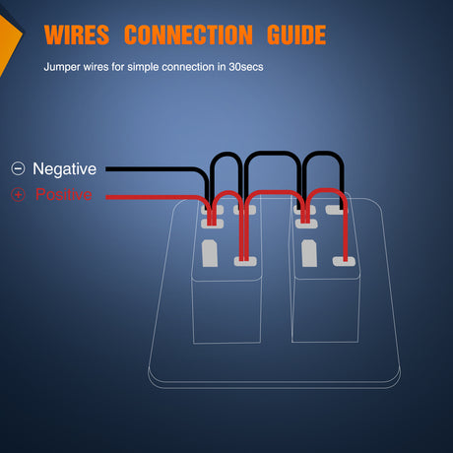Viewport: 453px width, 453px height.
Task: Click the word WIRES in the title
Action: [77, 34]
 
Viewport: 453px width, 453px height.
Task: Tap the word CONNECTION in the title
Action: [188, 34]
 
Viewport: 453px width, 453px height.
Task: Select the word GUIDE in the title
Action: [296, 34]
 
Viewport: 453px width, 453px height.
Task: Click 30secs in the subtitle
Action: [246, 67]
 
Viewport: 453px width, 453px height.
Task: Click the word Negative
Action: [64, 169]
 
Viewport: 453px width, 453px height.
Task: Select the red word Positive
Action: [64, 194]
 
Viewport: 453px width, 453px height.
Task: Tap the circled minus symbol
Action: [18, 168]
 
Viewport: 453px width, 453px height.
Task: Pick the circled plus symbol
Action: [18, 194]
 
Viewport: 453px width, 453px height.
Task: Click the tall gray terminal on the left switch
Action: [210, 253]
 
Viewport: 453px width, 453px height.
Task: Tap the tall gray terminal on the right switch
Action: [309, 253]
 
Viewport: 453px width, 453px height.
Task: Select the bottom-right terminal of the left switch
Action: [245, 261]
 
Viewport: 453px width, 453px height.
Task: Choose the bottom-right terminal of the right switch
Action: [344, 261]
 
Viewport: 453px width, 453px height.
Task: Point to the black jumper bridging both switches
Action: [273, 153]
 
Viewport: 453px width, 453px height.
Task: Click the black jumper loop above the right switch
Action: [323, 154]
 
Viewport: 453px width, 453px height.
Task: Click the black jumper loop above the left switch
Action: [226, 154]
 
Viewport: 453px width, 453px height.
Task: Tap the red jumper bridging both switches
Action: [275, 192]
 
